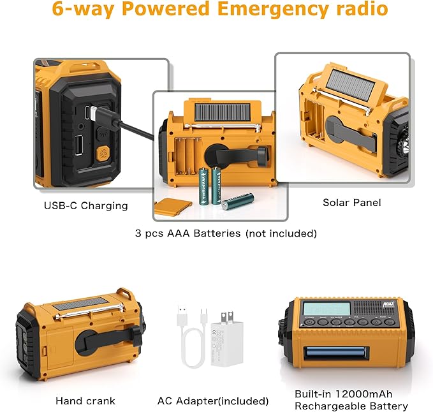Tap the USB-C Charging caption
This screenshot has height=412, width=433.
(x=85, y=205)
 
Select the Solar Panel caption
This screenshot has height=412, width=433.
(x=351, y=202)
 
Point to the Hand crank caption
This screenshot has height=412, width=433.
(x=85, y=401)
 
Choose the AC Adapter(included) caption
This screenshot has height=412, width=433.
(x=213, y=401)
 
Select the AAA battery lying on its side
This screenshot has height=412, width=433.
(x=237, y=202)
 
